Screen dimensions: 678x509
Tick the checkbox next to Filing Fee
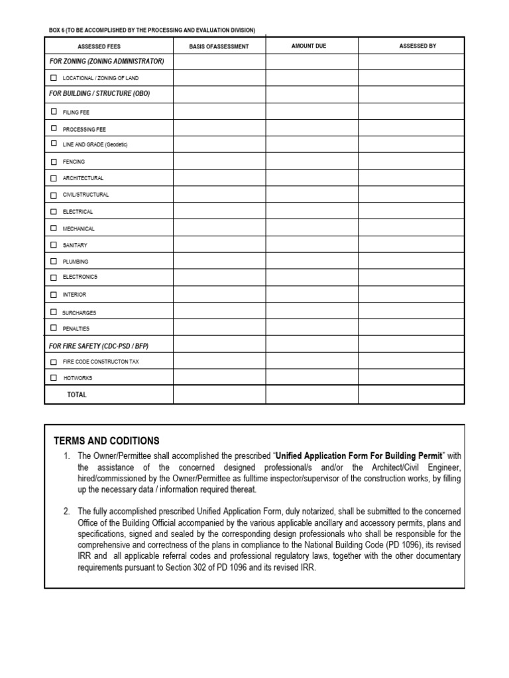click(54, 112)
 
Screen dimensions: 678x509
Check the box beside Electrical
click(54, 212)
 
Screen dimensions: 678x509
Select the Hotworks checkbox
click(54, 378)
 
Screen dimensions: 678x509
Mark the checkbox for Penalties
click(54, 328)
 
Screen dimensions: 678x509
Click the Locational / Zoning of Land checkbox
click(54, 78)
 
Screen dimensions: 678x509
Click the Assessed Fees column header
click(99, 46)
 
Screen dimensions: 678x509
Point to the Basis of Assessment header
click(219, 46)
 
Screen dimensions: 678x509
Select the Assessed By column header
click(418, 46)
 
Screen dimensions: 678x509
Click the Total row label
click(77, 395)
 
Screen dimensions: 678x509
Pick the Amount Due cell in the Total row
click(311, 395)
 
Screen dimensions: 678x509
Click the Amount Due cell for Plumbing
click(311, 262)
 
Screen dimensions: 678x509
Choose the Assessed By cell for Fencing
click(411, 162)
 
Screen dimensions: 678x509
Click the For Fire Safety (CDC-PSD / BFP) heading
click(103, 346)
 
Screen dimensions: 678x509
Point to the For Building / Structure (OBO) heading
click(99, 94)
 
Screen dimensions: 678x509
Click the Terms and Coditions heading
click(107, 441)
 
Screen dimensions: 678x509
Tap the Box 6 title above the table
click(152, 30)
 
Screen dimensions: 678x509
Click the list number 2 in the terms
click(66, 512)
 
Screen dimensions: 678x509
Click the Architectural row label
click(83, 178)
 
